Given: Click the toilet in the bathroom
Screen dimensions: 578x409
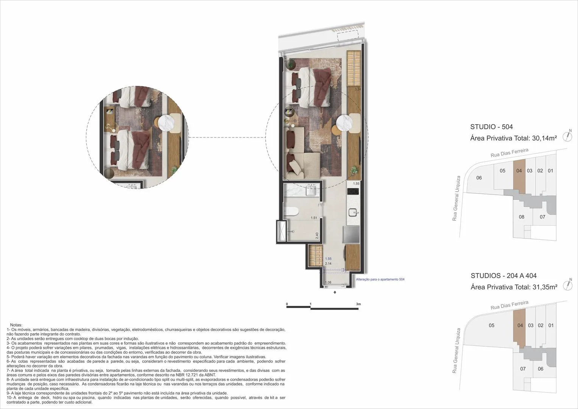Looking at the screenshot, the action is [291, 211].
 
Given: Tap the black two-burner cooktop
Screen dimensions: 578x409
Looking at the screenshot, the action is [353, 191].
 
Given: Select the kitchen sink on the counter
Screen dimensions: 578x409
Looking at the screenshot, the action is [353, 213].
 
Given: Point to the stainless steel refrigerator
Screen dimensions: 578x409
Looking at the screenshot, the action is [351, 234].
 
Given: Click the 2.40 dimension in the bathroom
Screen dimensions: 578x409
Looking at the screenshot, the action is [317, 236].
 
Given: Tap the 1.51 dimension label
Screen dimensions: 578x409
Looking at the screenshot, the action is [314, 218].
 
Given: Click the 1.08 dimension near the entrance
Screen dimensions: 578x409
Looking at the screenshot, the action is [328, 282].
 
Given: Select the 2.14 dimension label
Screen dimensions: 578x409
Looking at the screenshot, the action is [328, 263].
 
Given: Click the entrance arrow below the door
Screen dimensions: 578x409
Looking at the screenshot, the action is [335, 292].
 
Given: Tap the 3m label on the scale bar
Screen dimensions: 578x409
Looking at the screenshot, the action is [358, 304].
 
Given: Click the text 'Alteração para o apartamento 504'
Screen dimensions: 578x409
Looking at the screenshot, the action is [380, 279].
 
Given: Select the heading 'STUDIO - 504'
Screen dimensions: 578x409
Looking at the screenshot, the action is [492, 127].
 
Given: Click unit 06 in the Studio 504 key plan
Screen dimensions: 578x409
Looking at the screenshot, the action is [479, 178].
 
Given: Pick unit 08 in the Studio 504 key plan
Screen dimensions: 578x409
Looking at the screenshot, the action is [522, 217].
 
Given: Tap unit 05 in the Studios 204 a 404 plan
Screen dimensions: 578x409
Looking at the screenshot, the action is [492, 325].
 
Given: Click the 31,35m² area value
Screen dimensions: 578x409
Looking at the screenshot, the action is [545, 287].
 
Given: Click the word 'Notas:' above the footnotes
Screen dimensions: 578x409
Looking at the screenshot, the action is [16, 325].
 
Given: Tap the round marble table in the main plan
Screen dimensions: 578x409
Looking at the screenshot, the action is [344, 123].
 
